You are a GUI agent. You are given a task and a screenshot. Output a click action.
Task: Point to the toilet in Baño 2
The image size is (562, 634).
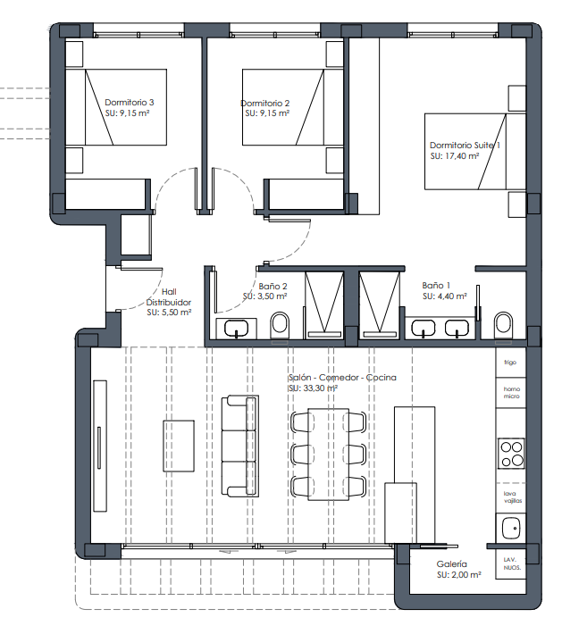280,325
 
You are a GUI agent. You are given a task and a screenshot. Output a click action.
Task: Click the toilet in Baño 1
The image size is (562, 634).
503,325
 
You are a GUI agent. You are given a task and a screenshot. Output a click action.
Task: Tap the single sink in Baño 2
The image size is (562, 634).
236,328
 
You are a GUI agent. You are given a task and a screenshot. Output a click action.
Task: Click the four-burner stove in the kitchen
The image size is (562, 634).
511,454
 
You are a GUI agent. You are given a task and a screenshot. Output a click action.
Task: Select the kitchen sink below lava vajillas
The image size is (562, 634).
511,528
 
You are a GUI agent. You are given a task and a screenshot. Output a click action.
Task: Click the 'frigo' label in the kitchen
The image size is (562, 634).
510,363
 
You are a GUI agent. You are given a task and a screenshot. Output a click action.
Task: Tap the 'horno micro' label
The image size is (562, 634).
511,393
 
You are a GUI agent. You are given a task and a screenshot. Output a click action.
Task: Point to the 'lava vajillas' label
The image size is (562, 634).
513,496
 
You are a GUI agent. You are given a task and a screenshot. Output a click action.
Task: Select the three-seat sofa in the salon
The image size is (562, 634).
240,446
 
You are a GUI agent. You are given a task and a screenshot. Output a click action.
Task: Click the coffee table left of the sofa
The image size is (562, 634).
179,446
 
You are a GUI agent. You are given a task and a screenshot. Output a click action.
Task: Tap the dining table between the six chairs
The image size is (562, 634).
328,455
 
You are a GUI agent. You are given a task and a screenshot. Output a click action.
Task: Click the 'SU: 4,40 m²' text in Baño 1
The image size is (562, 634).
445,296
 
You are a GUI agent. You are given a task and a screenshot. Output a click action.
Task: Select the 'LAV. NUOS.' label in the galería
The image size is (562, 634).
512,563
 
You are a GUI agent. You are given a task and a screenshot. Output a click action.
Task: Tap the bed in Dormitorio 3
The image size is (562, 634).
116,107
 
